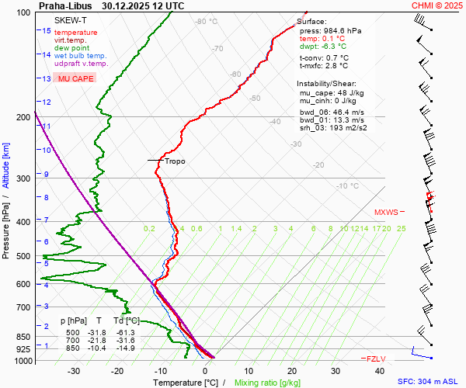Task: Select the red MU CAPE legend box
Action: pyautogui.click(x=75, y=79)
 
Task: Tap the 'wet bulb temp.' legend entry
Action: pyautogui.click(x=81, y=56)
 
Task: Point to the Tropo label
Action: pyautogui.click(x=175, y=161)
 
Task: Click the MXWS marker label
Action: pyautogui.click(x=386, y=212)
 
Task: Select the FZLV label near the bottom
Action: pyautogui.click(x=377, y=359)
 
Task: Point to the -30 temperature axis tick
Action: pyautogui.click(x=74, y=371)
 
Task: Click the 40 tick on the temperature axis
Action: pyautogui.click(x=380, y=371)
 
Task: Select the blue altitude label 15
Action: pyautogui.click(x=47, y=31)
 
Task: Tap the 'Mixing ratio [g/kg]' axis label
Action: pyautogui.click(x=267, y=383)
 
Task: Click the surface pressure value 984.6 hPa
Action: pyautogui.click(x=343, y=30)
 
